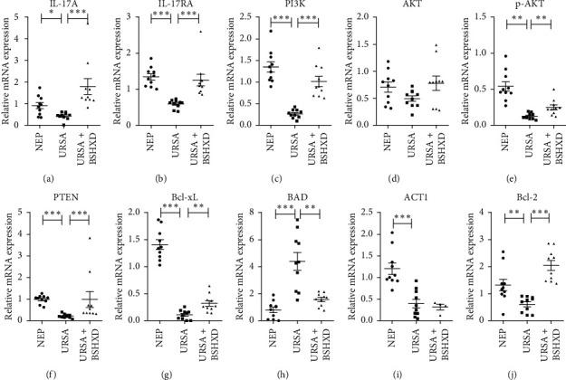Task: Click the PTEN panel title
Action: point(60,197)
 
